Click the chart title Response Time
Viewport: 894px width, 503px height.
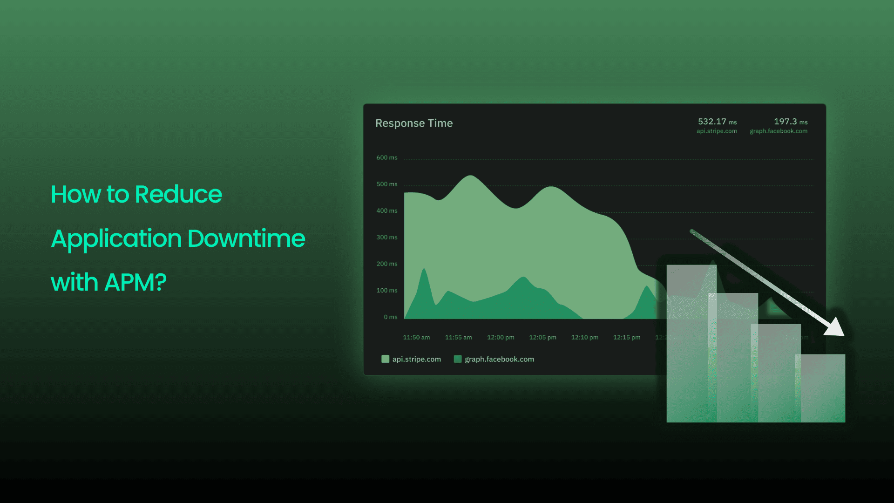(414, 123)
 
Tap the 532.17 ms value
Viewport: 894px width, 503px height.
(717, 122)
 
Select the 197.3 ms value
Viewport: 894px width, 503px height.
(790, 122)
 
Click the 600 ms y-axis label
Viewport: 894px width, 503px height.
(387, 158)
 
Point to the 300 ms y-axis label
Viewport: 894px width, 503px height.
(387, 238)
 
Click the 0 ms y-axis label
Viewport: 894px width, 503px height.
(390, 317)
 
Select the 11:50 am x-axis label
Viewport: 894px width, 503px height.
(416, 337)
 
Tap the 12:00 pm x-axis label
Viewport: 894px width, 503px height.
(501, 337)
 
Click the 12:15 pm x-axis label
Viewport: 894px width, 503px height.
(626, 337)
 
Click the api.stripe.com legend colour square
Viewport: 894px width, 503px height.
(385, 359)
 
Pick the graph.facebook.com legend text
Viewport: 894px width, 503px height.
(499, 359)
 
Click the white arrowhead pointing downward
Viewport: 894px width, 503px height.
(835, 327)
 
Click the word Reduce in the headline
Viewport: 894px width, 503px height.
(178, 194)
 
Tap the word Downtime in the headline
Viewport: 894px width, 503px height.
(246, 238)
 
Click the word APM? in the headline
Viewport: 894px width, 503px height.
(135, 282)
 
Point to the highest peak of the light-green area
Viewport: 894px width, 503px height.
(471, 177)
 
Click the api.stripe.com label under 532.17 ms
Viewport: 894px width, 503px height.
(717, 131)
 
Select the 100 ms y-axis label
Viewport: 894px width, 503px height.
(387, 291)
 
